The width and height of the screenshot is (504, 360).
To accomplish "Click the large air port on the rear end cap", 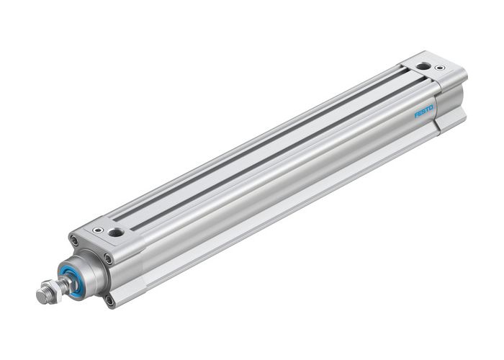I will click(425, 66).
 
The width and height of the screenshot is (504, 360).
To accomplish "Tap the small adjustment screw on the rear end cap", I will click(440, 68).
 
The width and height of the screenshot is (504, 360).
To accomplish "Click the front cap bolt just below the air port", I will click(107, 258).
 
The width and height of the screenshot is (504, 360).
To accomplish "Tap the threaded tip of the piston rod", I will click(40, 295).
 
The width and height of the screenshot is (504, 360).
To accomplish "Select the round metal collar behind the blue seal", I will click(85, 270).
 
